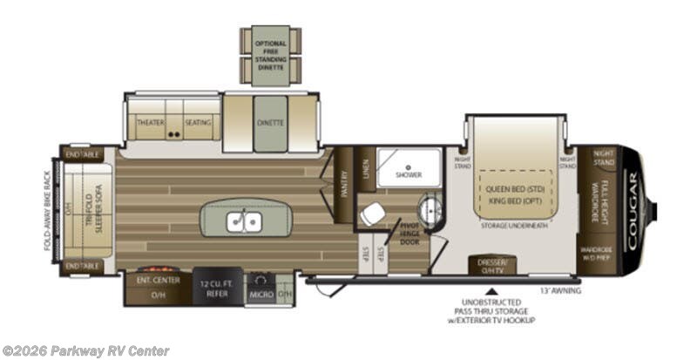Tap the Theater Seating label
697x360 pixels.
pos(173,123)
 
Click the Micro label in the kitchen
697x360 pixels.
pos(261,295)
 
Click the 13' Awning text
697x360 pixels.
pos(559,289)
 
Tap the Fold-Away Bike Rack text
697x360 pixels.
pos(50,209)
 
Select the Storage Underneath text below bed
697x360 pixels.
pos(513,225)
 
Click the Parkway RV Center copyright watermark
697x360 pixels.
pos(85,350)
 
